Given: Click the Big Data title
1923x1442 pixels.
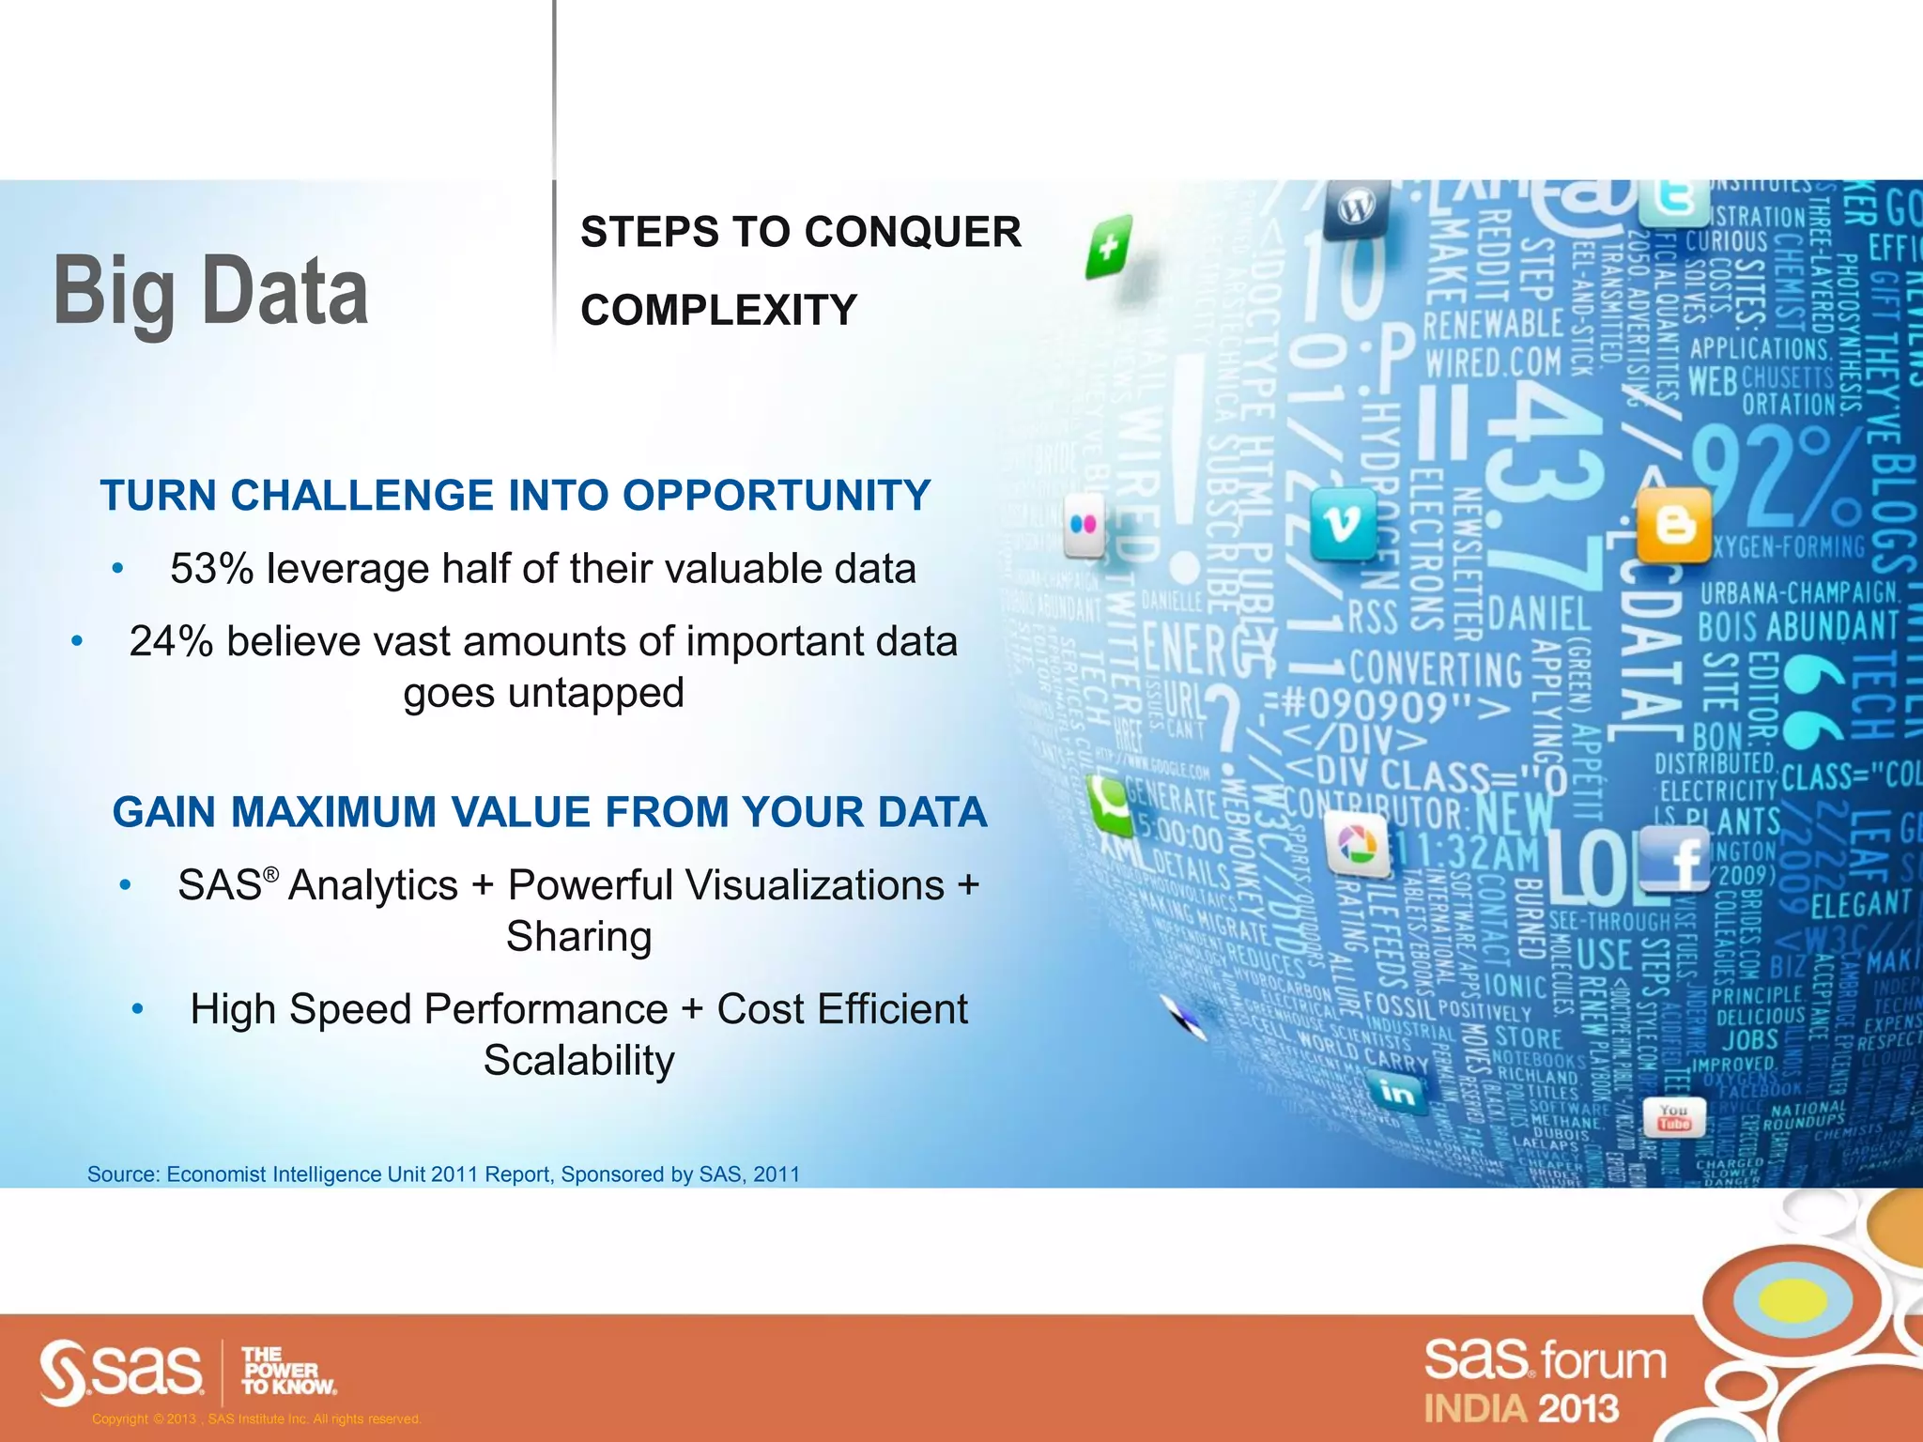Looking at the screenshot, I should point(210,293).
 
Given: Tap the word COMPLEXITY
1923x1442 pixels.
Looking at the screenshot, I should point(718,310).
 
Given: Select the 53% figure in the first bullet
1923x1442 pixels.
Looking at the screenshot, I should point(211,569).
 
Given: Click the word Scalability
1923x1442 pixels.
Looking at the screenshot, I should point(578,1061).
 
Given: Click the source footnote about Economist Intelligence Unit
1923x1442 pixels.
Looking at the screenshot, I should point(443,1174).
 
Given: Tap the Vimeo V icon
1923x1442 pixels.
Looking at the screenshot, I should point(1343,524).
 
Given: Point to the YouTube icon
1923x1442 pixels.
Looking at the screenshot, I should point(1673,1117).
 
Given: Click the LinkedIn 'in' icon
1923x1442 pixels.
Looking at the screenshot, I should point(1397,1093).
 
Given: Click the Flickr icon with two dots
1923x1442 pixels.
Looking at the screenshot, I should point(1084,526).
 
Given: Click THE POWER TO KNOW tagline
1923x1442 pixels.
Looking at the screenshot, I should point(287,1371).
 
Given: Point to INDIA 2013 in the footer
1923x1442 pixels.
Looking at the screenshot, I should point(1521,1409).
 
